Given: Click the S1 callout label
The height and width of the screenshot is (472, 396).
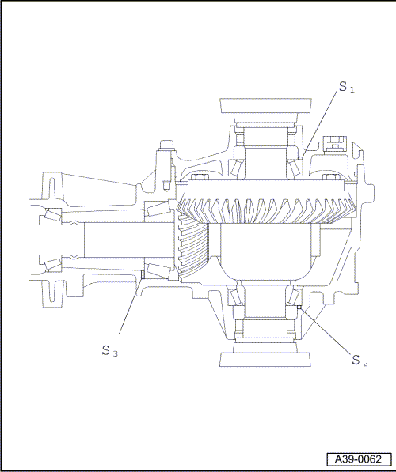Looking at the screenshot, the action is [x=347, y=87].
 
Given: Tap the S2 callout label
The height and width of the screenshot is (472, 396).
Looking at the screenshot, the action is [x=360, y=361].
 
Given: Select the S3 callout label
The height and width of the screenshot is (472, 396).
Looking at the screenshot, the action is [x=110, y=351].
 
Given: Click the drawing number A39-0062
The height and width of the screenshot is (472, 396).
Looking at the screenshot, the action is [x=359, y=459].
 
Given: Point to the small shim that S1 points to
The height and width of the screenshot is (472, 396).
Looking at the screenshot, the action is [x=300, y=158].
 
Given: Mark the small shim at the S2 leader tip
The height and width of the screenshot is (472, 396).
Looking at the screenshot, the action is [x=299, y=307].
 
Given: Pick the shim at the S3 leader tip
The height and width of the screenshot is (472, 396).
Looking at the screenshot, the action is [x=143, y=274].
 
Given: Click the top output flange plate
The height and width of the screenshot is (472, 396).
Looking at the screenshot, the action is [x=265, y=105].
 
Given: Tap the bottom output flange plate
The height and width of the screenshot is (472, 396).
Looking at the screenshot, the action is [x=265, y=360].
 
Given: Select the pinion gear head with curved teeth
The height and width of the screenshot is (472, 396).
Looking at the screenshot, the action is [x=192, y=244].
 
